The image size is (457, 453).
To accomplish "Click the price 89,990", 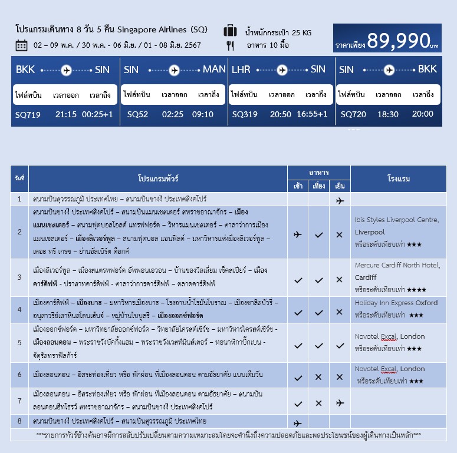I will (x=397, y=40).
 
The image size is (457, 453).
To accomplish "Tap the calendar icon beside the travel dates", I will (x=21, y=45).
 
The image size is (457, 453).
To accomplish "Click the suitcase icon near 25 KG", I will (x=230, y=31).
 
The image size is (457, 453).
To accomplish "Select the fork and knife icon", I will (x=230, y=45).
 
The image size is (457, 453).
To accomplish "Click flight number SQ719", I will (x=28, y=114).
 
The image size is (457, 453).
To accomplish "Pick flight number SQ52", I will (x=137, y=114).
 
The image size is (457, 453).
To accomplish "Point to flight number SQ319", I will (x=245, y=114).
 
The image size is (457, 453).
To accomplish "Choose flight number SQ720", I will (x=353, y=114).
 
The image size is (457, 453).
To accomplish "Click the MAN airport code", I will (x=214, y=70).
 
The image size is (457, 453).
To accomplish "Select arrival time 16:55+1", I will (x=312, y=114).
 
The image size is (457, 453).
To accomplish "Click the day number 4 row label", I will (x=19, y=310).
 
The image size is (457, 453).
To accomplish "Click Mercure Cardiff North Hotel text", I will (x=397, y=266).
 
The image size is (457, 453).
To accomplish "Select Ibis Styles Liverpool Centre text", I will (x=396, y=220).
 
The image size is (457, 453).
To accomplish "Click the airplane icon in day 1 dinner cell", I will (x=340, y=200).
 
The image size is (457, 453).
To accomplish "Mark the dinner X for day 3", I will (x=340, y=280).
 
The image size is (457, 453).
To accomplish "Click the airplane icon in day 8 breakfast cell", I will (x=298, y=423).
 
